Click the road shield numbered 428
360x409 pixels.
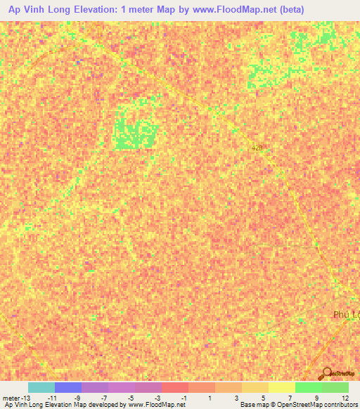coord(258,148)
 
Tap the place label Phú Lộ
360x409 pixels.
coord(345,316)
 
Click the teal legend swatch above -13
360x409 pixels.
coord(41,387)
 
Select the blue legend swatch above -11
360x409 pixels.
coord(68,387)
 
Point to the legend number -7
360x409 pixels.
coord(105,398)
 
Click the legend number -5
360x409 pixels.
coord(131,398)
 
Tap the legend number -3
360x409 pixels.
coord(158,398)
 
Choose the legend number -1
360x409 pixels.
coord(185,398)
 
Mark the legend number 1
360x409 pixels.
coord(212,398)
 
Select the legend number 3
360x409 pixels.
coord(238,398)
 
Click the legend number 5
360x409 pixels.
coord(265,398)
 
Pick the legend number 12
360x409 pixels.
coord(345,398)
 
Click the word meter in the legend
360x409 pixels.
coord(12,398)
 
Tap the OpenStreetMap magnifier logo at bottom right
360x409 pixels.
coord(328,373)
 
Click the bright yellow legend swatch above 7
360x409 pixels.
coord(282,387)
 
